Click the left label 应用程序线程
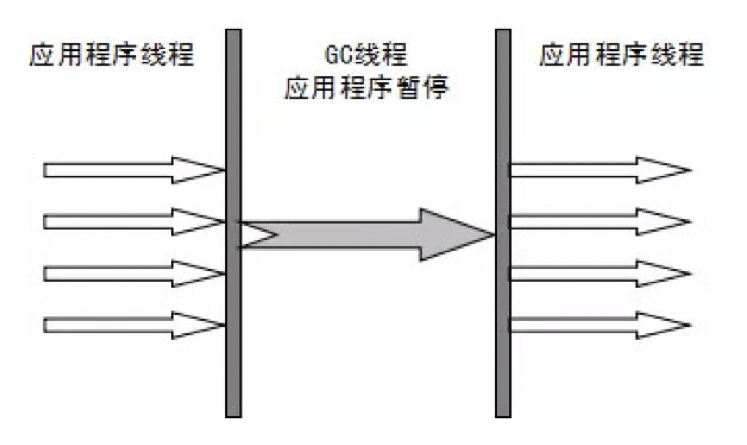[112, 55]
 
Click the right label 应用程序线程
[622, 55]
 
